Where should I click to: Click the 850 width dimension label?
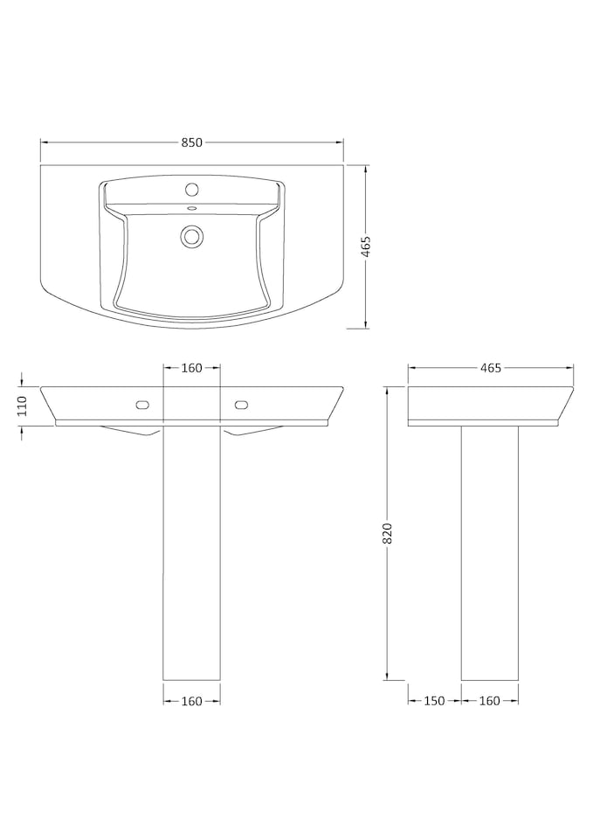(192, 142)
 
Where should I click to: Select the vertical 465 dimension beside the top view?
(367, 246)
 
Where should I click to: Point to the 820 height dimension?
(388, 533)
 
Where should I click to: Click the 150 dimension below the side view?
(434, 700)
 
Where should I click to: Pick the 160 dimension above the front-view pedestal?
(192, 368)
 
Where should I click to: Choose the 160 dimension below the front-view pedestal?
(192, 700)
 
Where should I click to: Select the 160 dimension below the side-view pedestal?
(490, 700)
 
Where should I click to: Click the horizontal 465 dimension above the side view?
(490, 368)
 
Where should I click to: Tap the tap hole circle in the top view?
(191, 190)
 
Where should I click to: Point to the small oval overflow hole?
(191, 209)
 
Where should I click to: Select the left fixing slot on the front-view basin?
(142, 404)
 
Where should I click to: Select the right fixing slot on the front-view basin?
(242, 404)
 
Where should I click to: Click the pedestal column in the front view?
(192, 551)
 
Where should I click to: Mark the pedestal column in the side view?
(490, 551)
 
